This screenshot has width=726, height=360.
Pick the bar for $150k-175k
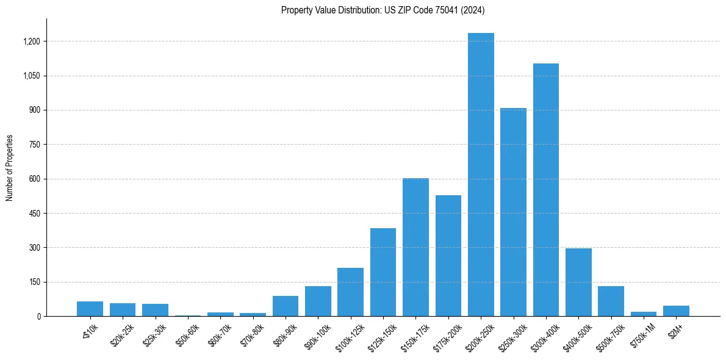415,247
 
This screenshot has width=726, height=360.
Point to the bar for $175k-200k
448,256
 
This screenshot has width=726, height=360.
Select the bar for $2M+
676,311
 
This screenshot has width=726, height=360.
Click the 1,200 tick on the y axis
32,41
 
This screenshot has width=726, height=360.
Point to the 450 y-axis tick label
35,214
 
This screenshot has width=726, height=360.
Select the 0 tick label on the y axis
38,317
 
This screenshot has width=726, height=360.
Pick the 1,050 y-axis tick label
32,76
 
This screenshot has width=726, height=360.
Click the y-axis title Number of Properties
9,168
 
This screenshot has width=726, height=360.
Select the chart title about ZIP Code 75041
383,10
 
